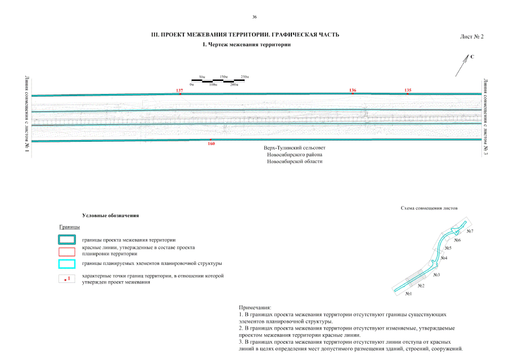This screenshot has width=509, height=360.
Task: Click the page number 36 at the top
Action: pyautogui.click(x=254, y=17)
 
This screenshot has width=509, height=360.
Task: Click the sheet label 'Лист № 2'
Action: pyautogui.click(x=471, y=37)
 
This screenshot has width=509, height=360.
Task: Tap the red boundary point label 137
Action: pyautogui.click(x=180, y=90)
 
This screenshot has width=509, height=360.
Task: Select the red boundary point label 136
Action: pyautogui.click(x=353, y=90)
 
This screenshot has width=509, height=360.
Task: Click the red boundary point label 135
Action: pyautogui.click(x=408, y=90)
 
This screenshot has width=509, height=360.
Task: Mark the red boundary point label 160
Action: pyautogui.click(x=211, y=143)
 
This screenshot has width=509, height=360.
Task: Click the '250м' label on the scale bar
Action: pyautogui.click(x=244, y=76)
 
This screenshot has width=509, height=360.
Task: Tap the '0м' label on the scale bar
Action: pyautogui.click(x=192, y=84)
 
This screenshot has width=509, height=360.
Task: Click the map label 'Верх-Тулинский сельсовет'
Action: pyautogui.click(x=295, y=147)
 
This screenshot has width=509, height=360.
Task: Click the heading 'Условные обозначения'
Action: pyautogui.click(x=110, y=215)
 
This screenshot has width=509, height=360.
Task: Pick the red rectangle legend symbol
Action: pyautogui.click(x=67, y=251)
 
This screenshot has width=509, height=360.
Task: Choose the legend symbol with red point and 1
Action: pyautogui.click(x=67, y=278)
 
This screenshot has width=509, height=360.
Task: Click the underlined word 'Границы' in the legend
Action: pyautogui.click(x=70, y=227)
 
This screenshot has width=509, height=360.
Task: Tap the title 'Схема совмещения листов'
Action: pyautogui.click(x=429, y=208)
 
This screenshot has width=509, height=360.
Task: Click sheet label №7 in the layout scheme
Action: pyautogui.click(x=470, y=231)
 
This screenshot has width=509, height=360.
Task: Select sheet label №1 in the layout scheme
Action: pyautogui.click(x=408, y=294)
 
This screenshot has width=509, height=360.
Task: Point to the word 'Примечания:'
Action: pyautogui.click(x=255, y=308)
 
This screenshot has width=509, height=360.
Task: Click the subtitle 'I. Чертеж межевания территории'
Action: pyautogui.click(x=246, y=44)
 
